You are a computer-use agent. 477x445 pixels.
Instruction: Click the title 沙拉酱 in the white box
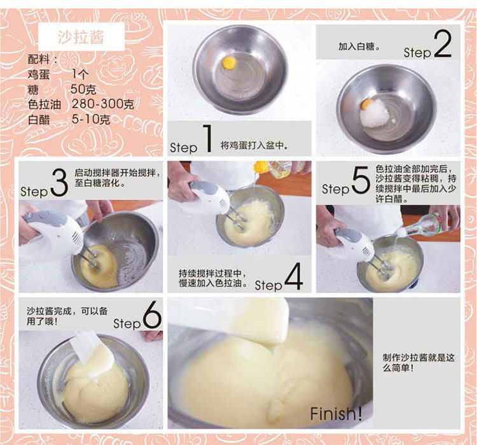81,37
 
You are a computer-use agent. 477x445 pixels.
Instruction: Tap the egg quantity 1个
80,74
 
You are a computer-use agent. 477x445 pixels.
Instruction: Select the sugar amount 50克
83,89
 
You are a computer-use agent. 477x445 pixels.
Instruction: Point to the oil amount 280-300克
103,104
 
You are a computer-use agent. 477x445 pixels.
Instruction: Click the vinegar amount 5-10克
91,119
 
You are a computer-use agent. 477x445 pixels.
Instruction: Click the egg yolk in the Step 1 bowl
229,63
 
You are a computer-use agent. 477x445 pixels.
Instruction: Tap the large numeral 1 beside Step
207,138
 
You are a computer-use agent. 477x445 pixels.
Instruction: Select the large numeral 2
443,43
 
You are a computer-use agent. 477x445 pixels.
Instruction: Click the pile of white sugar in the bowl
375,113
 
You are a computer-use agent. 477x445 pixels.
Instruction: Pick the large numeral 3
59,183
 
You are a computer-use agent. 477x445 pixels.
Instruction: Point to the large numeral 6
152,315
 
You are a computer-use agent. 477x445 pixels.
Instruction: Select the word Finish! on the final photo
336,414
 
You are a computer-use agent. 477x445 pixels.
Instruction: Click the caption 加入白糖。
359,46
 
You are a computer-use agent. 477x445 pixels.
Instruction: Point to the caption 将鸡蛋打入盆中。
254,145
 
